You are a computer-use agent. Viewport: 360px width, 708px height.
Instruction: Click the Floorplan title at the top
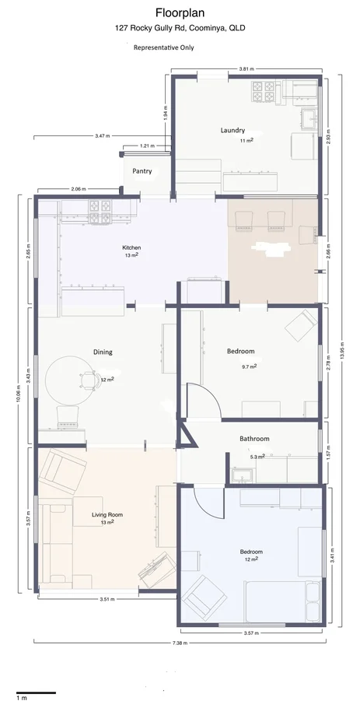tap(180, 12)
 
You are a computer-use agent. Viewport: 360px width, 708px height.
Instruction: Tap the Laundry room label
tap(232, 131)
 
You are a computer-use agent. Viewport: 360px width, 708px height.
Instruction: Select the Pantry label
tap(142, 171)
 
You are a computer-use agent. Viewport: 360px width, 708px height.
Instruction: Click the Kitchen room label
tap(131, 247)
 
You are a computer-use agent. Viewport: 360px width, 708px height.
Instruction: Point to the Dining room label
tap(103, 352)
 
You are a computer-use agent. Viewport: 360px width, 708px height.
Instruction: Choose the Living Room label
tap(107, 514)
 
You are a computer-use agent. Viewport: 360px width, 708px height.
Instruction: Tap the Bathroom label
tap(254, 439)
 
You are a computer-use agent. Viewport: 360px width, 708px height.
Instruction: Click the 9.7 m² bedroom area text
tap(250, 366)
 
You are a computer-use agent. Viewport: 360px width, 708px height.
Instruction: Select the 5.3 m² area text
tap(257, 457)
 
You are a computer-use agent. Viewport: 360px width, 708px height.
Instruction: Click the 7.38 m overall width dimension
tap(180, 643)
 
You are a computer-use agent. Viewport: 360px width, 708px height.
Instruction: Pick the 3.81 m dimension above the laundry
tap(246, 68)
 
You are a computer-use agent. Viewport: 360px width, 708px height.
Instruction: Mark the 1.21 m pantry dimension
tap(147, 145)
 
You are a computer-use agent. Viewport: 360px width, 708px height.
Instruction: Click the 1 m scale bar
tap(36, 692)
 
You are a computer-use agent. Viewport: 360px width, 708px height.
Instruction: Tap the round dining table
tap(70, 380)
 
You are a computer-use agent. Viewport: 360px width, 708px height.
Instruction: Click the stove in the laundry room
tap(264, 92)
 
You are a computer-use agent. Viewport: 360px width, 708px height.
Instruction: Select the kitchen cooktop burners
tap(100, 212)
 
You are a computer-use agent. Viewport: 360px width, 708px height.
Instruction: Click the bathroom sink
tap(243, 475)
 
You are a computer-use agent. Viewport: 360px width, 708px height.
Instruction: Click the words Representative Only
tap(164, 47)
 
